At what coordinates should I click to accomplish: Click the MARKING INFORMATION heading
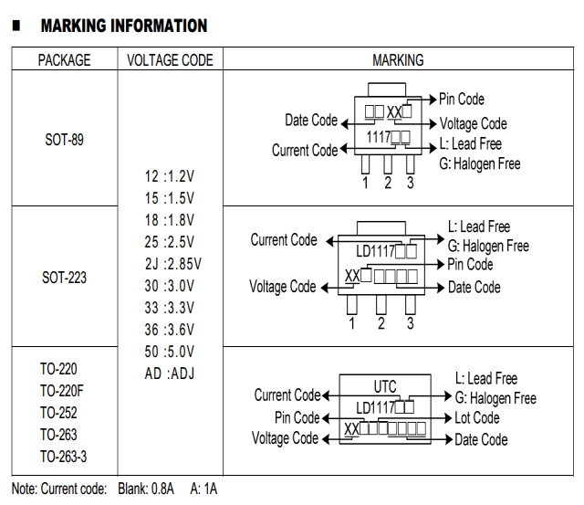coord(124,26)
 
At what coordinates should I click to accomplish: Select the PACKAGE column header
coord(65,60)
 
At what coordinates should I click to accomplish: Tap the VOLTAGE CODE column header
coord(170,60)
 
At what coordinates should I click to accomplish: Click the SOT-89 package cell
coord(65,140)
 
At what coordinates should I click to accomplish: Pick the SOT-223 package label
coord(64,278)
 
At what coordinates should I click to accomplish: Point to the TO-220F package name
coord(62,391)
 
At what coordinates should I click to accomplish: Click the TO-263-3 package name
coord(63,457)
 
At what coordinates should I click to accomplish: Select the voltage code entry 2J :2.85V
coord(172,264)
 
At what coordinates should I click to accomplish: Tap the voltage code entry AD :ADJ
coord(170,373)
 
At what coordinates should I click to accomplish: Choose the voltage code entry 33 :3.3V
coord(170,308)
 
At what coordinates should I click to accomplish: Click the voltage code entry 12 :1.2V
coord(170,176)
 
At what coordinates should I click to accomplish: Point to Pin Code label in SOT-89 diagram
coord(462,100)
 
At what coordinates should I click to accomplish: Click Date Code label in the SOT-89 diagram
coord(311,120)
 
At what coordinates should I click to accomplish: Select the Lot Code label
coord(477,418)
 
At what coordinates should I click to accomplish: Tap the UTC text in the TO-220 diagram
coord(385,386)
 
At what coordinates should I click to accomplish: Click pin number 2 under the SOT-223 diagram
coord(381,323)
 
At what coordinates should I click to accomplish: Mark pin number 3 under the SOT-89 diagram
coord(410,183)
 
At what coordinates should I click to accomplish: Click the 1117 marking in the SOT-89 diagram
coord(379,137)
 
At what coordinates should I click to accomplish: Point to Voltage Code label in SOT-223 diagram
coord(283,287)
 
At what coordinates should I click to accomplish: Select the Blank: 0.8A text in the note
coord(146,489)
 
